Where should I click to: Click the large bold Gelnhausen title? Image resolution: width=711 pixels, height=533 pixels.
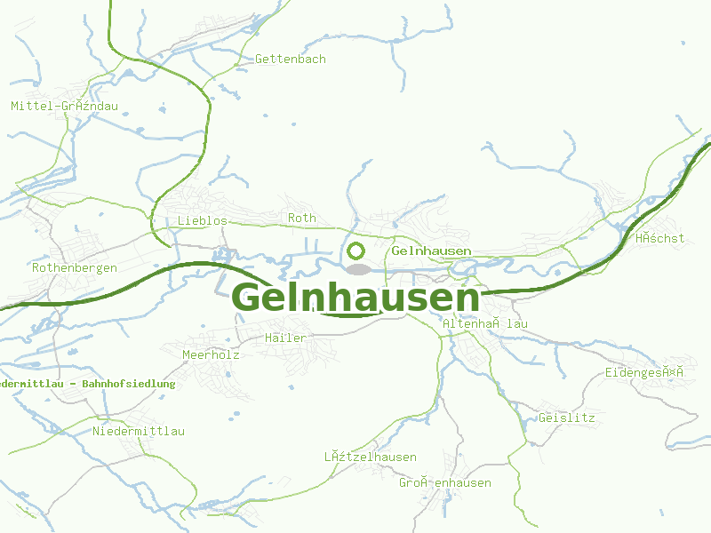tap(355, 297)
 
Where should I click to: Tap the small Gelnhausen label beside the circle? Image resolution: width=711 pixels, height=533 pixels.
tap(431, 251)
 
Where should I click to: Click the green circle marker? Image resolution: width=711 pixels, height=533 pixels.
tap(356, 251)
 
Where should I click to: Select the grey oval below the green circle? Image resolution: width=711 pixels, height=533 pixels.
tap(357, 268)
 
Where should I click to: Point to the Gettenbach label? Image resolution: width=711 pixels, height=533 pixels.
tap(291, 60)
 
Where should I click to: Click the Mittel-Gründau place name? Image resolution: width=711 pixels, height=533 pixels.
tap(64, 107)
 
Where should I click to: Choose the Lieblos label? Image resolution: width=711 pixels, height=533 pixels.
tap(203, 220)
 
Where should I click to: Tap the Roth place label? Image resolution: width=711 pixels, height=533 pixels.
tap(302, 218)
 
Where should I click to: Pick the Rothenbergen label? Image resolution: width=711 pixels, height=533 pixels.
tap(75, 267)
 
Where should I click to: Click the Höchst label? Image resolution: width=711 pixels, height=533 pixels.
tap(659, 238)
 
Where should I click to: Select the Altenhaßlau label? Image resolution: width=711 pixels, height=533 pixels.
tap(485, 324)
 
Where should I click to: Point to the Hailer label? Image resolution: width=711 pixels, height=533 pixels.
tap(285, 338)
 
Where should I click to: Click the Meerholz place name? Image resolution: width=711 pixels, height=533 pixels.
tap(211, 354)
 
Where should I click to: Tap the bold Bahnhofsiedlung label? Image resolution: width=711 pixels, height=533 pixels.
tap(87, 384)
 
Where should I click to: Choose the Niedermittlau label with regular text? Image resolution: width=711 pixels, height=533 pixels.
tap(139, 432)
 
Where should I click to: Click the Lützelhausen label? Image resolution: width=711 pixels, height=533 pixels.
tap(370, 457)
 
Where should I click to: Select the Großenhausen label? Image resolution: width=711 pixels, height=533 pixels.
tap(444, 483)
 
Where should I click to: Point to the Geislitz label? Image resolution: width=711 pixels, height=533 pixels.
tap(566, 418)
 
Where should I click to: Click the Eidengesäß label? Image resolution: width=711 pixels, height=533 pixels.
tap(643, 373)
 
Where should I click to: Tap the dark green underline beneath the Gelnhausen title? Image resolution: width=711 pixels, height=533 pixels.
tap(355, 313)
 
